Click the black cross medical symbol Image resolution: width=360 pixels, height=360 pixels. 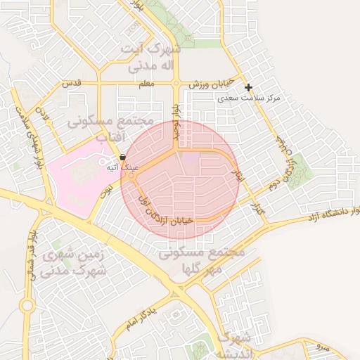(x=248, y=87)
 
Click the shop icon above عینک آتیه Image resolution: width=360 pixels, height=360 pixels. (x=123, y=157)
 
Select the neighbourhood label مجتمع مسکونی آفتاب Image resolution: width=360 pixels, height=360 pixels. (x=110, y=129)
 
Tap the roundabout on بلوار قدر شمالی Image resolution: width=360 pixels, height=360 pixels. (x=27, y=306)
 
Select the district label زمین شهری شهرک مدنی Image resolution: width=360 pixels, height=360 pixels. (x=73, y=262)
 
